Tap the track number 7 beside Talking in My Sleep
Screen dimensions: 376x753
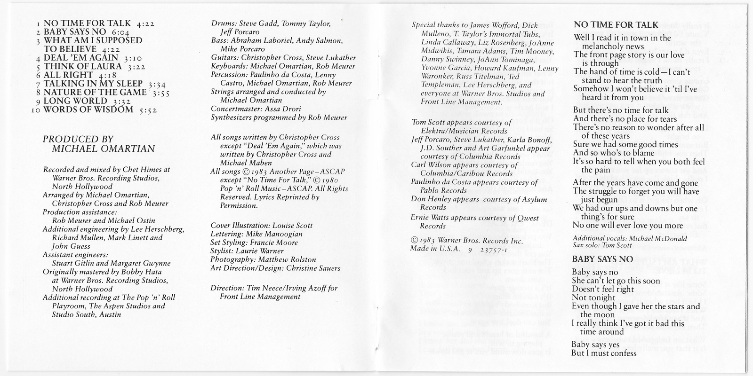point(40,84)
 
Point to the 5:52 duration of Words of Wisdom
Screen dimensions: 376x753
point(147,110)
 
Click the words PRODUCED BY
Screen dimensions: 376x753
point(78,139)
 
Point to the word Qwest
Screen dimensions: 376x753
point(528,218)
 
